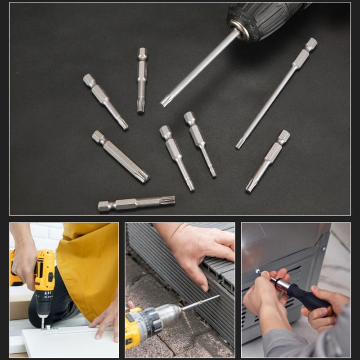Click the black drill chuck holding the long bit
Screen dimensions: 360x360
[x=261, y=20]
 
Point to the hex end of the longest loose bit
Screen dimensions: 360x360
[x=310, y=44]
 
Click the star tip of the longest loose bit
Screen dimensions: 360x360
[x=240, y=144]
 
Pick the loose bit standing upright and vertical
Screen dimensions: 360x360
[x=142, y=79]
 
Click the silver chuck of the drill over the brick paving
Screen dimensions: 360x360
[x=169, y=315]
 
